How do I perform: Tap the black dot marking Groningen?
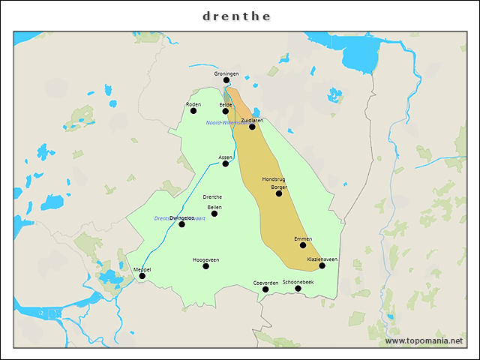[x=226, y=80]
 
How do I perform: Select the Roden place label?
[x=193, y=104]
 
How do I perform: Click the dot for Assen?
[x=226, y=163]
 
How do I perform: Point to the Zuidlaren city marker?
[x=252, y=127]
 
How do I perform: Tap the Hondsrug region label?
[x=274, y=180]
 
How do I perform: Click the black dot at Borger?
[x=279, y=193]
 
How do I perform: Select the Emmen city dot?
[x=303, y=245]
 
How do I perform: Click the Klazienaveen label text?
[x=322, y=259]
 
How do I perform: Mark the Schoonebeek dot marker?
[x=298, y=289]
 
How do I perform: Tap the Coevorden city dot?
[x=265, y=289]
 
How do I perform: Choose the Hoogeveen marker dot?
[x=205, y=266]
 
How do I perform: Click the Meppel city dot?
[x=142, y=276]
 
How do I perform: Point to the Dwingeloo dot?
[x=181, y=224]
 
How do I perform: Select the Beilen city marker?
[x=214, y=214]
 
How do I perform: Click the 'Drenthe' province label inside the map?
[x=212, y=197]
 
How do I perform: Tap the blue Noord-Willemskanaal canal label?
[x=222, y=121]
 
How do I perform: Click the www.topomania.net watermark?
[x=424, y=341]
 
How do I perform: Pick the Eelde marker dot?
[x=226, y=111]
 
